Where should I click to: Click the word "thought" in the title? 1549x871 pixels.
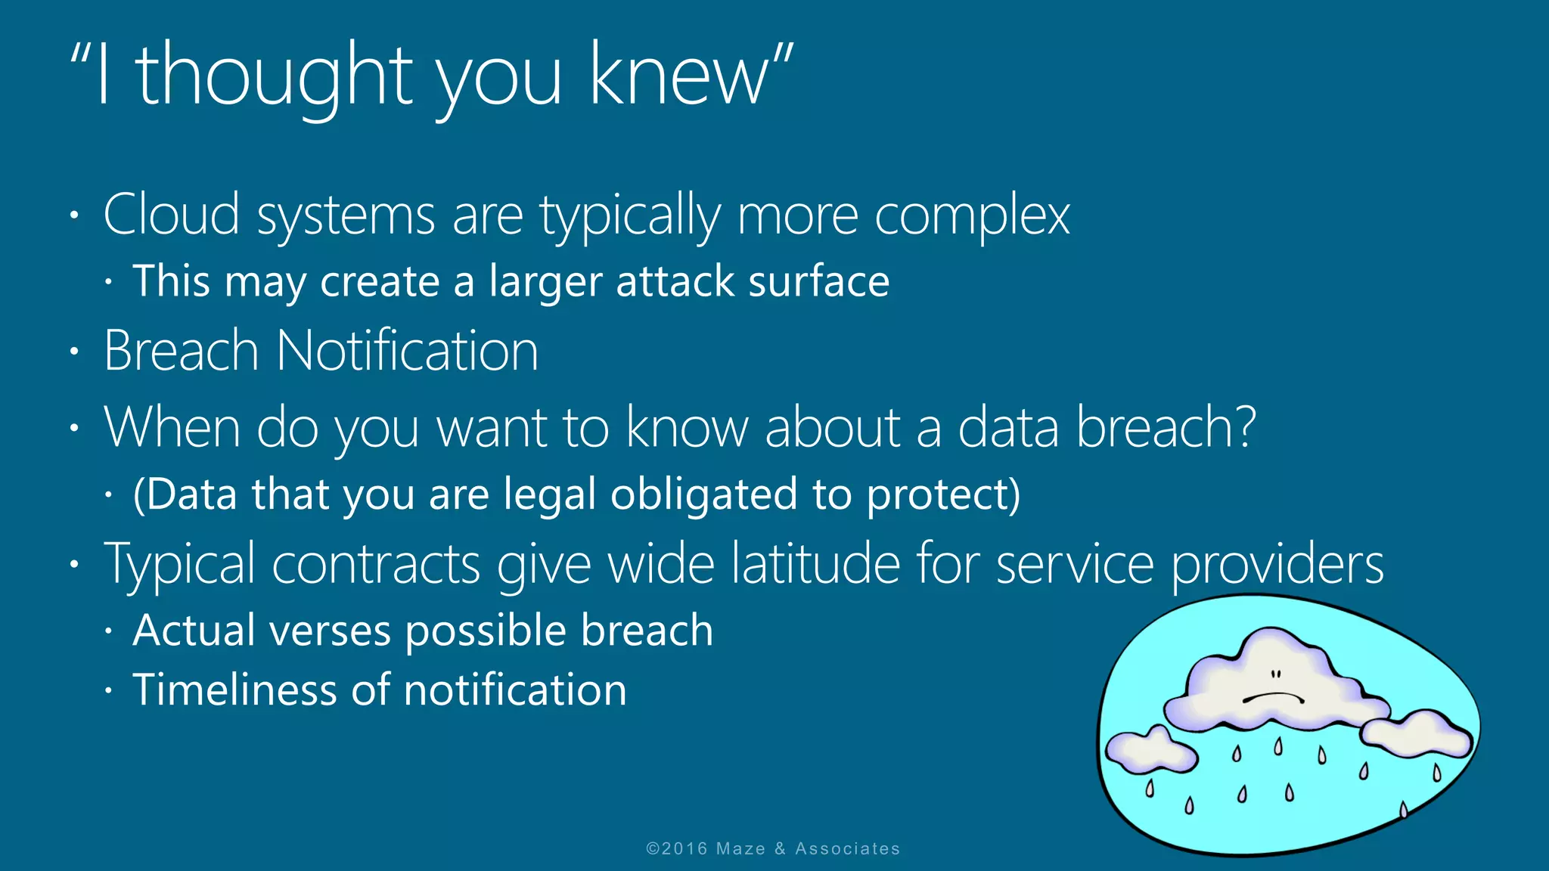click(x=274, y=76)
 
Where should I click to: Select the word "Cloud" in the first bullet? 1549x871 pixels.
click(x=171, y=215)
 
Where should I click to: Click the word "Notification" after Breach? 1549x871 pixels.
click(x=407, y=352)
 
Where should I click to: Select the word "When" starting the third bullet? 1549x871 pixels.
click(x=172, y=428)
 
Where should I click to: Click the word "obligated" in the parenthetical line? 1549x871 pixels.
click(x=703, y=495)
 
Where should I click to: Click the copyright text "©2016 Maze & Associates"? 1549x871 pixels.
click(x=773, y=849)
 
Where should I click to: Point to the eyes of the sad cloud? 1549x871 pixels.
click(x=1276, y=674)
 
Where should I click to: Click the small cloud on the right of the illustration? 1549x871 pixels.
click(x=1418, y=733)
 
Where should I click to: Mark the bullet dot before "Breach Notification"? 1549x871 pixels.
click(x=74, y=352)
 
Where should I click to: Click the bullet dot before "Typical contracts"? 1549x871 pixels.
click(x=74, y=565)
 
